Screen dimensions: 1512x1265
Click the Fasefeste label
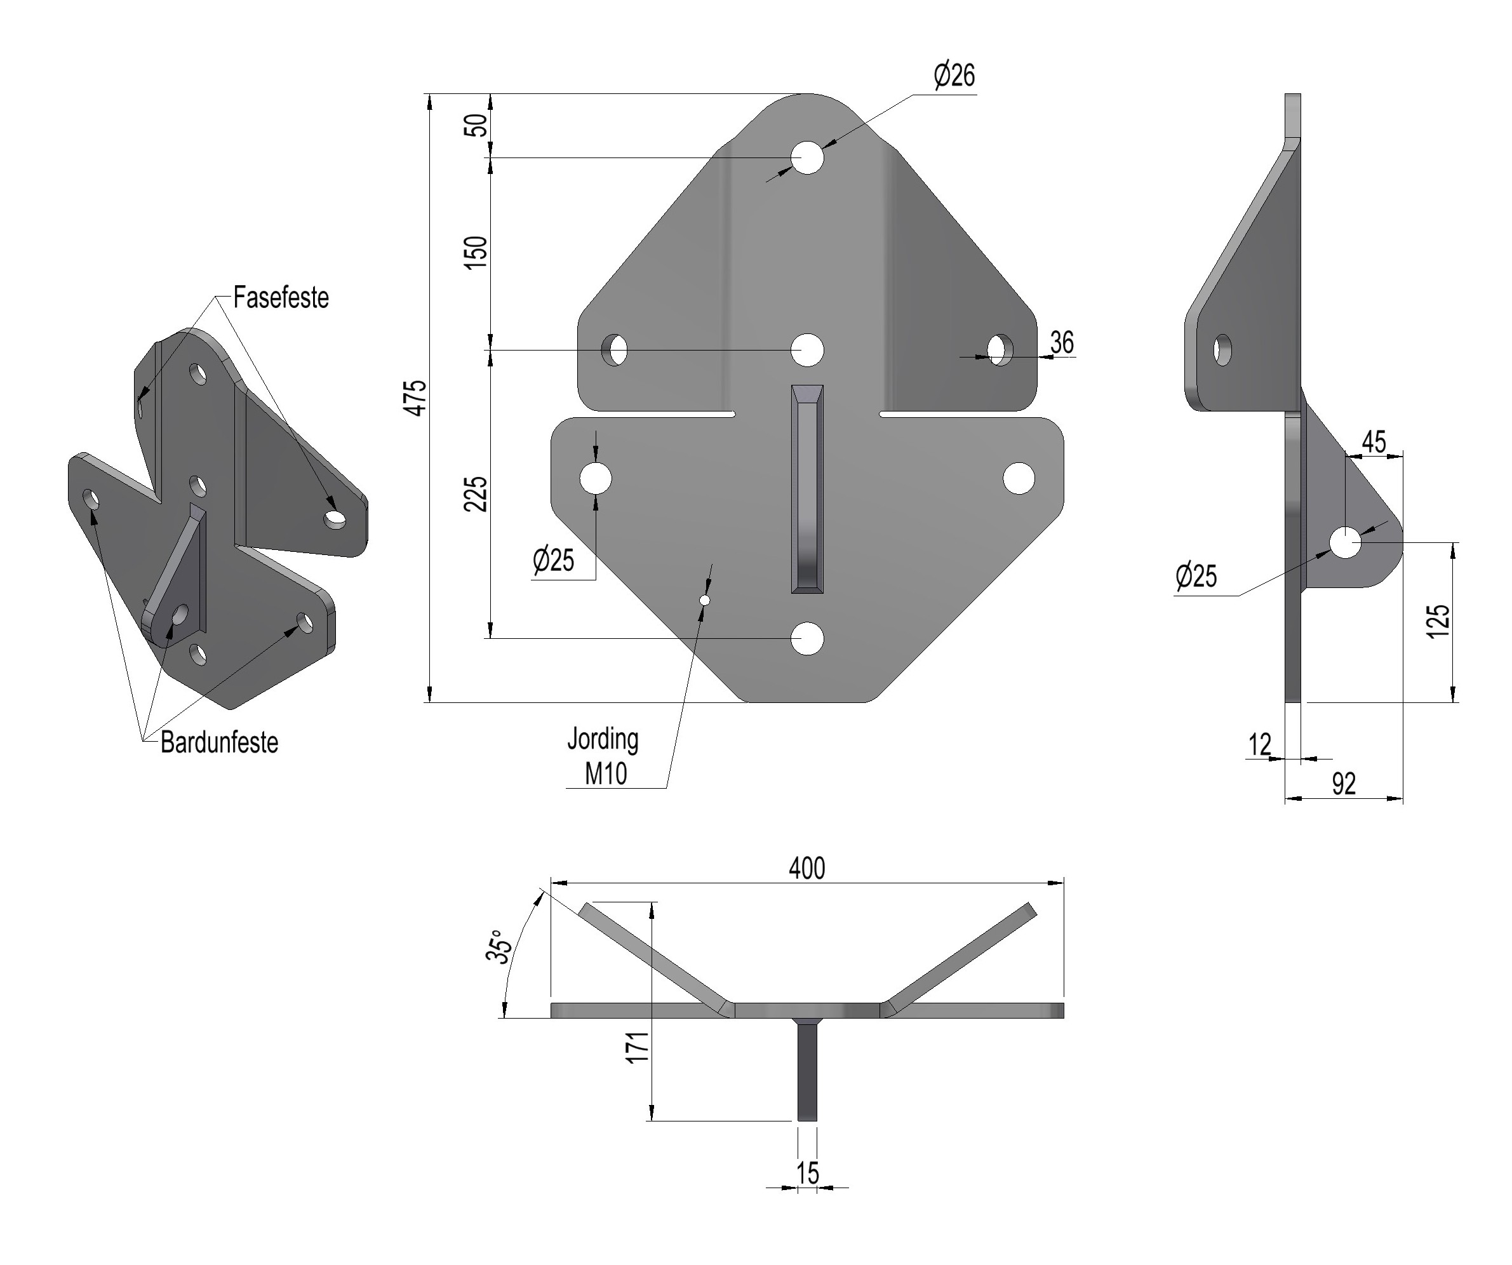pos(281,297)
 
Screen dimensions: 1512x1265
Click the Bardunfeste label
pos(219,742)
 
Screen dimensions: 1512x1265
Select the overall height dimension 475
pos(416,398)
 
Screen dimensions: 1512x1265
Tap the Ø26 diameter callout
pos(954,76)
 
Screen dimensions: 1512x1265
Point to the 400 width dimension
pos(806,869)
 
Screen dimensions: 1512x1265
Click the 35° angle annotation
pos(499,947)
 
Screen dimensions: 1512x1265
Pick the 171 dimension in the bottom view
pos(638,1047)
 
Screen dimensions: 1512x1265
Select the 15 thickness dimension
pos(808,1173)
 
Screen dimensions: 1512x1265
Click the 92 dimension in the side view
pos(1344,784)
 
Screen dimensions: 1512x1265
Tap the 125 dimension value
pos(1438,621)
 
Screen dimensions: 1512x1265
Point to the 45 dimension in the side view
pos(1374,442)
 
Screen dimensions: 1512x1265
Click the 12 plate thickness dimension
pos(1259,744)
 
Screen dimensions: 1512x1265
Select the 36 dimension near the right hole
pos(1062,343)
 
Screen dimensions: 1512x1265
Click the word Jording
pos(603,739)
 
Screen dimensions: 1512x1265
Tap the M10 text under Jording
pos(606,774)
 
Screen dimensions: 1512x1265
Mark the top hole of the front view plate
pos(807,157)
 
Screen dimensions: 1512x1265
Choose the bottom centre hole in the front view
pos(807,639)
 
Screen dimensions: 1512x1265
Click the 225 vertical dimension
pos(475,494)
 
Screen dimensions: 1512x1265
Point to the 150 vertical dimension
pos(475,252)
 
